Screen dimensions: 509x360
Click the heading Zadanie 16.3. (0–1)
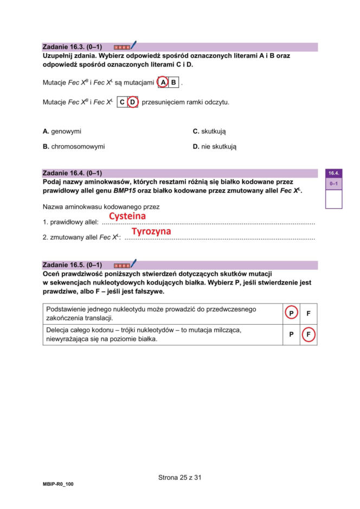click(x=72, y=47)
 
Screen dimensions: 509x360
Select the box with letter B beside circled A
click(x=173, y=83)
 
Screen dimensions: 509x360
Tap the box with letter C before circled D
click(x=123, y=102)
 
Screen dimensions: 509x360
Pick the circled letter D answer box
click(x=133, y=102)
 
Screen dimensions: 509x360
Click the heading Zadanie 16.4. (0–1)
click(x=72, y=173)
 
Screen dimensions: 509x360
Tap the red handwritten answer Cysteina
click(x=127, y=216)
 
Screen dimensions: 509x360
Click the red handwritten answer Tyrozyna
click(x=151, y=231)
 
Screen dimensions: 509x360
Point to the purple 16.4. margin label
click(x=333, y=173)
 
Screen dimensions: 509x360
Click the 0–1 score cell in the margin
click(x=333, y=184)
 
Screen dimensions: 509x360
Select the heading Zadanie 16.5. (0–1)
click(x=72, y=265)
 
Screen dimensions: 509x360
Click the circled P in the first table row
click(x=291, y=313)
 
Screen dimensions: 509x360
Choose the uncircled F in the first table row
click(x=308, y=313)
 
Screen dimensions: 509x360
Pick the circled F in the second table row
click(x=308, y=334)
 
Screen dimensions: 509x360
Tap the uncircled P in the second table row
click(x=291, y=334)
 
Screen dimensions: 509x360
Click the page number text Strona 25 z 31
click(x=180, y=478)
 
